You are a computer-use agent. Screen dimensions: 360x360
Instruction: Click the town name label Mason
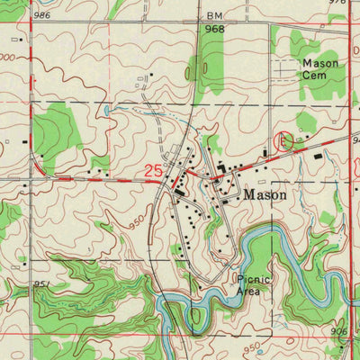coord(265,193)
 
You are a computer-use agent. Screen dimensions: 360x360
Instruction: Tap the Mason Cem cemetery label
coord(321,70)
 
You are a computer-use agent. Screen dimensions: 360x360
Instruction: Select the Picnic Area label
coord(254,285)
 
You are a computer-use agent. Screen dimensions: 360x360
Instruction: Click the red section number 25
coord(154,170)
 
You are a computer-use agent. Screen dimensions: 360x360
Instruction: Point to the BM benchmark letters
coord(213,16)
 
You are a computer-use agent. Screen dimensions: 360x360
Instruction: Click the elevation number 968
coord(213,29)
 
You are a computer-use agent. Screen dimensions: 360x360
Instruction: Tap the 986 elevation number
coord(41,16)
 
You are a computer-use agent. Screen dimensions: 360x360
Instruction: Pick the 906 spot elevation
coord(339,332)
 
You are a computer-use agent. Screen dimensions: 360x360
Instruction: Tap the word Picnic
coord(254,279)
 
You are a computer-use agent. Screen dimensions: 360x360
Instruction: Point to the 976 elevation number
coord(337,3)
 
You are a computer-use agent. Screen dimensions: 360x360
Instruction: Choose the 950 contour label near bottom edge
coord(253,346)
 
